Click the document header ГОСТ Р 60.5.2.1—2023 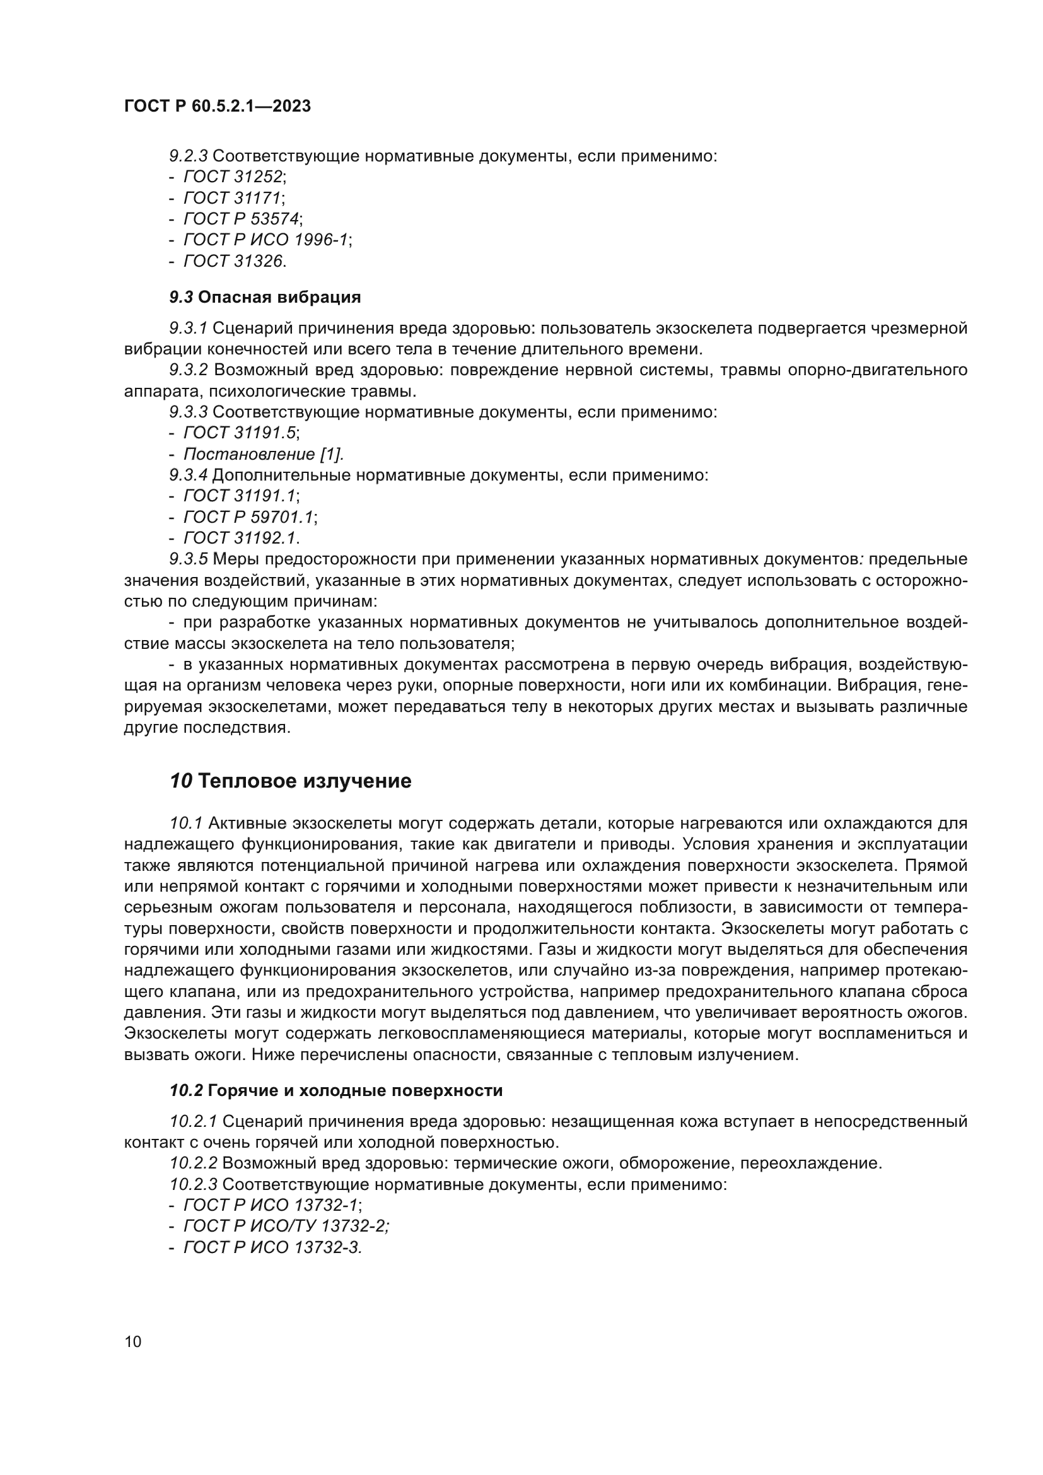217,106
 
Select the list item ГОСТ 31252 233,177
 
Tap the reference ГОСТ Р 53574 242,218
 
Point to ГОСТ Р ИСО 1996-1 266,240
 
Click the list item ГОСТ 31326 233,261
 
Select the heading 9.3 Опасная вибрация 265,297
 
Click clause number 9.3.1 187,329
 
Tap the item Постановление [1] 264,454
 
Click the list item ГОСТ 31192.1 240,538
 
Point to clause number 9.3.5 188,559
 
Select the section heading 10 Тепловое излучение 290,781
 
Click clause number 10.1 185,823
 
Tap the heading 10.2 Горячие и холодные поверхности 336,1090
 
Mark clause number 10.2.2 194,1163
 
